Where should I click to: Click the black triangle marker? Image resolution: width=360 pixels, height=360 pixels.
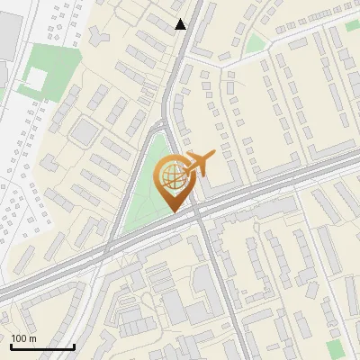pos(181,24)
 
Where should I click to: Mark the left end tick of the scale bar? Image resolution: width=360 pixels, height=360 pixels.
pos(11,346)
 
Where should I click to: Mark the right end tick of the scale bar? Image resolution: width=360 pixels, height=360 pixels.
pos(74,346)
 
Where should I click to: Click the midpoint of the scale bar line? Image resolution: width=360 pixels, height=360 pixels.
pos(42,347)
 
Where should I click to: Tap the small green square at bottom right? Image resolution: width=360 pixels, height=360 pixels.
pos(336,348)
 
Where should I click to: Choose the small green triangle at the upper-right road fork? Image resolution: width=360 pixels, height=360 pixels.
pos(256,42)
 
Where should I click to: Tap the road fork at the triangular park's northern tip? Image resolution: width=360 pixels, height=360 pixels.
pos(166,126)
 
